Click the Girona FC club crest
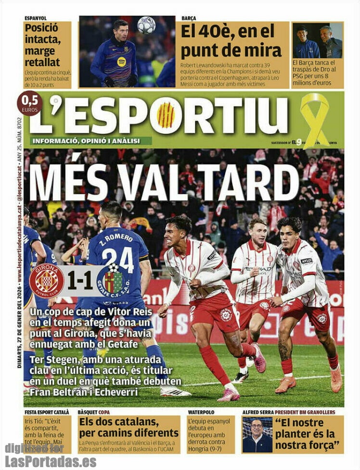(x=46, y=281)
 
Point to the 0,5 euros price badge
(x=30, y=103)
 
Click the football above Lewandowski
(x=146, y=25)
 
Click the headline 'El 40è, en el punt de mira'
(x=231, y=40)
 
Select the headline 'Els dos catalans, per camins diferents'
(x=129, y=427)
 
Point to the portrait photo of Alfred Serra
(x=257, y=434)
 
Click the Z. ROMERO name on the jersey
(x=116, y=238)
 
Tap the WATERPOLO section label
(x=201, y=412)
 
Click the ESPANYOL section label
(x=36, y=18)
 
